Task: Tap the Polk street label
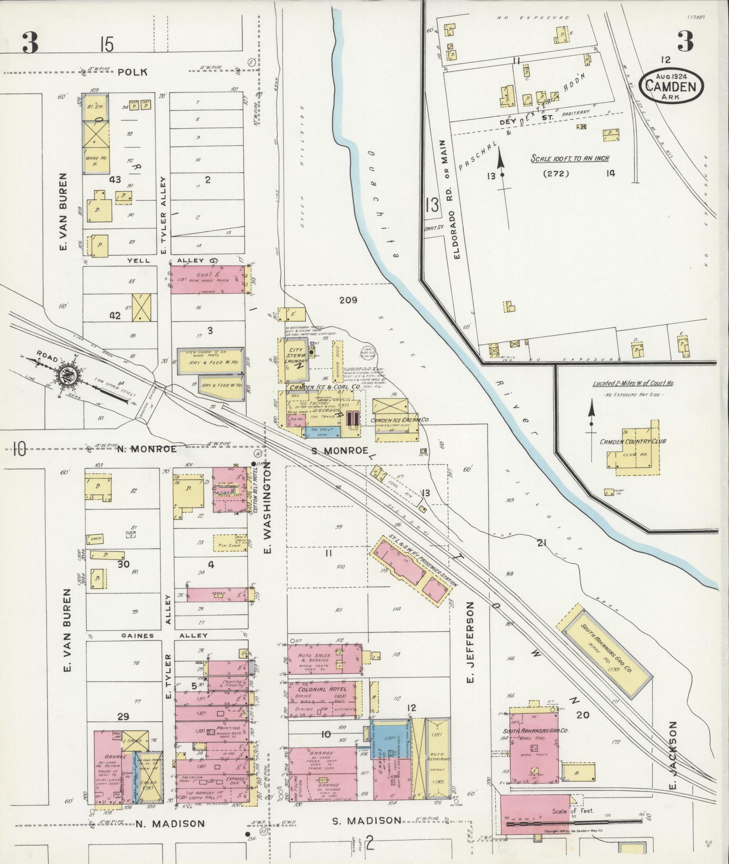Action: [133, 72]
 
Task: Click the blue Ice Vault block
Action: [322, 431]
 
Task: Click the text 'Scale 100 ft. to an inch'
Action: [569, 159]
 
